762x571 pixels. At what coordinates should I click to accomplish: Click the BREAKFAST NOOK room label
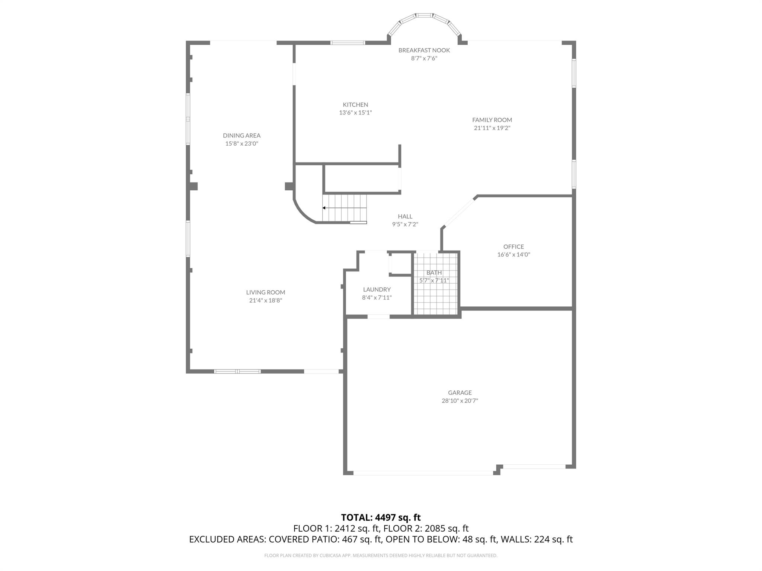424,50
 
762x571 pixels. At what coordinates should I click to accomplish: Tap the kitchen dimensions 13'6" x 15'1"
355,113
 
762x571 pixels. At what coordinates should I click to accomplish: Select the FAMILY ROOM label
492,120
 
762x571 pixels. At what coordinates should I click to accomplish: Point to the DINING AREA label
241,135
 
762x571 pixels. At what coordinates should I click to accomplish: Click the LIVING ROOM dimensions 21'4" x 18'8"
265,300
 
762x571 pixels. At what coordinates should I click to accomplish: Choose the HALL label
405,216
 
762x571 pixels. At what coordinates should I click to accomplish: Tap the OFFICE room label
513,246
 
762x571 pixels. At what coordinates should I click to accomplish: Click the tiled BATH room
435,294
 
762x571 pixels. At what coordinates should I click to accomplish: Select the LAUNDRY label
377,289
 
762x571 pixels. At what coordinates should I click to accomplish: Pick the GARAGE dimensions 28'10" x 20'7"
460,401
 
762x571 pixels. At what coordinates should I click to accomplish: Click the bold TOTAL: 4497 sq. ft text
381,517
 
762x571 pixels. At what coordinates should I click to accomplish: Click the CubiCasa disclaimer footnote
381,555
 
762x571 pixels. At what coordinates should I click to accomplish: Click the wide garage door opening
423,473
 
